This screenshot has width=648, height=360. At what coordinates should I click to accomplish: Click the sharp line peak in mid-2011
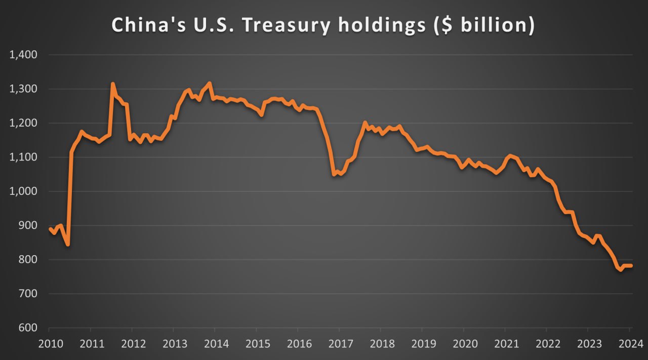[112, 84]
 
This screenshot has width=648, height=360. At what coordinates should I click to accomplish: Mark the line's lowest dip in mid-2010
[68, 245]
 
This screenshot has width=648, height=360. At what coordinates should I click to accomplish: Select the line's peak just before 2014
[210, 83]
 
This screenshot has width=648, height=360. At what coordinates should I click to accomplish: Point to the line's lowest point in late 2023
[621, 270]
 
